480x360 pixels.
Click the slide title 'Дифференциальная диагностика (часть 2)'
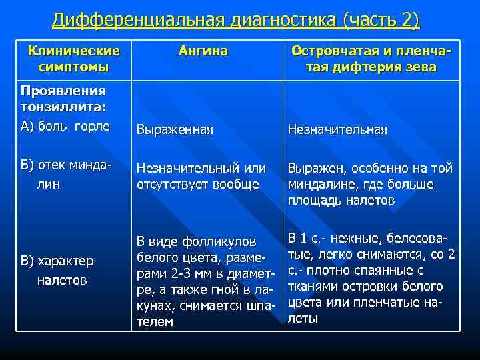pos(236,21)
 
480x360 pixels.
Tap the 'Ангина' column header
pos(203,51)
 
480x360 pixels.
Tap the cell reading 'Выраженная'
pos(175,130)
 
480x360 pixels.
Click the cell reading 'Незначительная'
pos(337,130)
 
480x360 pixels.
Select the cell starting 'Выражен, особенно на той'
pos(370,184)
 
